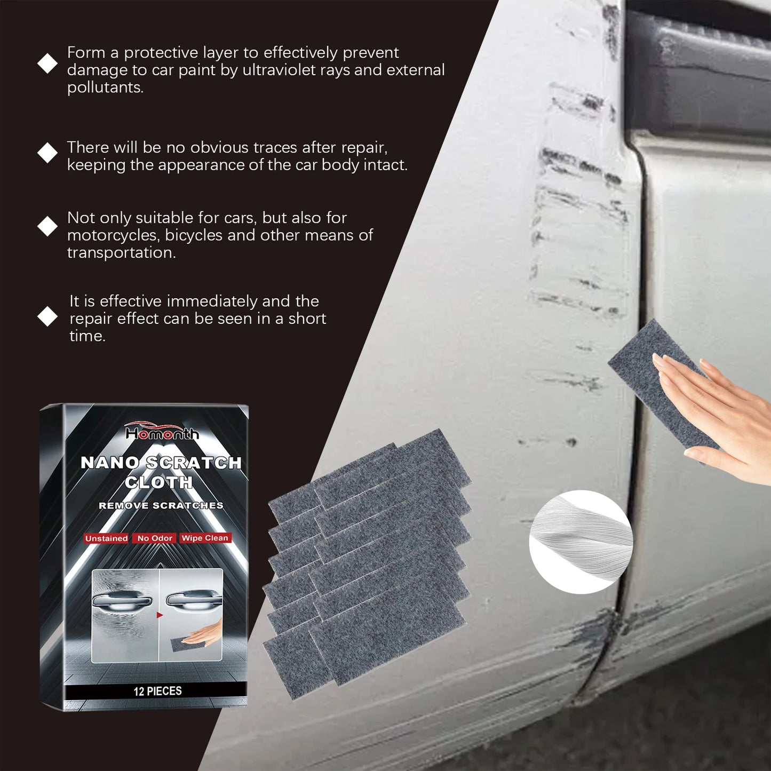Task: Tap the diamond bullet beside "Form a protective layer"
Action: click(x=47, y=63)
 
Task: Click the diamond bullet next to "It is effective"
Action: click(x=47, y=316)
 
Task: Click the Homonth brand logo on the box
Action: click(x=162, y=432)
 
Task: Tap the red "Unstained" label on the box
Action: click(x=106, y=538)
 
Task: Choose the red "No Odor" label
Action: click(x=155, y=538)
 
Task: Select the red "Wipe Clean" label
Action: click(x=205, y=538)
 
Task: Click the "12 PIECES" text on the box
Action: click(x=157, y=691)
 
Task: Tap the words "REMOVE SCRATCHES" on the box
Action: click(x=161, y=505)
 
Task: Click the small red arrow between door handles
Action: click(x=159, y=615)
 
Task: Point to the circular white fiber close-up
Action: click(x=581, y=542)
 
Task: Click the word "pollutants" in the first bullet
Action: click(x=105, y=88)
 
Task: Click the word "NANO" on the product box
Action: click(x=109, y=463)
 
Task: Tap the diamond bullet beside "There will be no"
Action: click(x=47, y=153)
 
